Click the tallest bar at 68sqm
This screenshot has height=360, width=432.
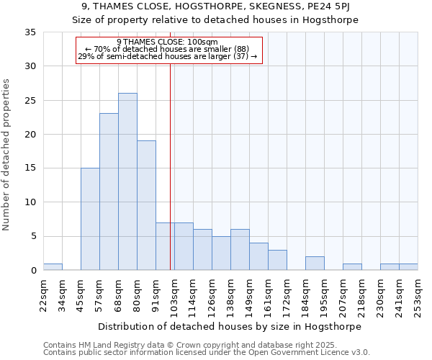click(x=127, y=181)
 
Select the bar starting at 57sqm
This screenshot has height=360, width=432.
click(x=109, y=192)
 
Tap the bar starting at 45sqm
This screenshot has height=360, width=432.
click(x=90, y=219)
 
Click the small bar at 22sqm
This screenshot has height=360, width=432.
click(x=53, y=267)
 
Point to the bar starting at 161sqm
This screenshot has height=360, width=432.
click(x=277, y=260)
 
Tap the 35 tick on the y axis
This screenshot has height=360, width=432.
click(x=31, y=32)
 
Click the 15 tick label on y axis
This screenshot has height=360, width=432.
click(x=31, y=168)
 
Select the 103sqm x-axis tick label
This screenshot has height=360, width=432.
click(x=175, y=296)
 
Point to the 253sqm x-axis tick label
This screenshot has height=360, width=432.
click(x=418, y=296)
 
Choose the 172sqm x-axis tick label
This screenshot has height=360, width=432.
click(x=287, y=296)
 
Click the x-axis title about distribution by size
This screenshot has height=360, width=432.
click(x=230, y=326)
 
